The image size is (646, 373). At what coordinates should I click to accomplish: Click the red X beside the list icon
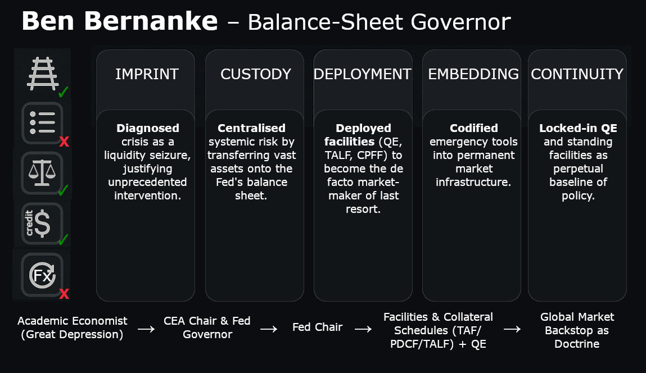[64, 142]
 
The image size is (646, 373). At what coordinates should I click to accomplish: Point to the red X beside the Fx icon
[64, 293]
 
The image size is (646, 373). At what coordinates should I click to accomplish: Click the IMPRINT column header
[147, 74]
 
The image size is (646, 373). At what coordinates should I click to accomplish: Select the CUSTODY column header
[255, 74]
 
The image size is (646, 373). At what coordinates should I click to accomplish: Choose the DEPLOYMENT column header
[363, 74]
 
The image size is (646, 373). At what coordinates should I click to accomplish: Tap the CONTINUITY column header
[577, 74]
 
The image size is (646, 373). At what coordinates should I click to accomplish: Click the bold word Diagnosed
[148, 128]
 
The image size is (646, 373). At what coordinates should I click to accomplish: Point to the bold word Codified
[474, 128]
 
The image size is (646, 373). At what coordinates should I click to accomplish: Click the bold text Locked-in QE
[577, 128]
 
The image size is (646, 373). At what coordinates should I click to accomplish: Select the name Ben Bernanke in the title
[119, 21]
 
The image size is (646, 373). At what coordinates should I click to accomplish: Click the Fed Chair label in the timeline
[318, 327]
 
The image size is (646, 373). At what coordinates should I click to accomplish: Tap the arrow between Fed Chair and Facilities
[363, 329]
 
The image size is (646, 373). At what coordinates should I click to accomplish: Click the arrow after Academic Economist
[146, 329]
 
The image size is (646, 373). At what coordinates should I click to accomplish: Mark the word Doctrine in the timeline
[577, 343]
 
